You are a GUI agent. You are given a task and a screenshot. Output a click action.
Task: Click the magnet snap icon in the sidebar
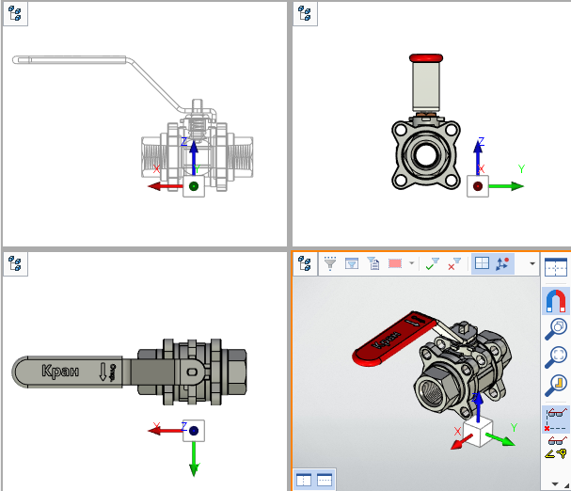point(556,301)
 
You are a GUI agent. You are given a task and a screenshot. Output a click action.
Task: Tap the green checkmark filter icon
point(432,264)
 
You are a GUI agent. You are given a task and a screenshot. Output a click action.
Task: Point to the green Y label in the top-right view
point(520,169)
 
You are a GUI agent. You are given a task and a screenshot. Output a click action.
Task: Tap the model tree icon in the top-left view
point(15,14)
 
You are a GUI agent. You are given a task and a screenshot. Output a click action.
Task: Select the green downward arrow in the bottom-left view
point(193,458)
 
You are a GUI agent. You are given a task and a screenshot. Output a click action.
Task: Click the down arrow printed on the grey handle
point(103,372)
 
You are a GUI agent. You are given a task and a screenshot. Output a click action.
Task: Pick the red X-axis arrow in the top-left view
point(166,186)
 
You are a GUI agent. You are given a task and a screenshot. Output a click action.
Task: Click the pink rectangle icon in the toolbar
point(395,264)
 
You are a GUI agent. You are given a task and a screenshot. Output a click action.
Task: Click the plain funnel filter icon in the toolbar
point(330,264)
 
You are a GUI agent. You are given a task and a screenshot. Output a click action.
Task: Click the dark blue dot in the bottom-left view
point(193,431)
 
